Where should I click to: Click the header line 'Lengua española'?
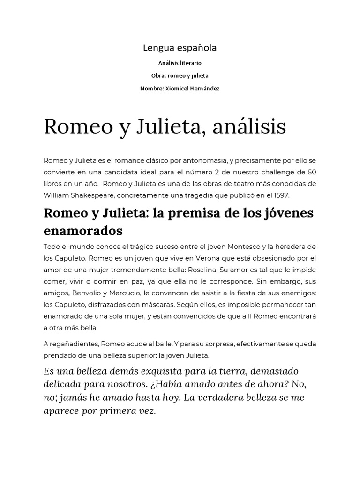point(180,48)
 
